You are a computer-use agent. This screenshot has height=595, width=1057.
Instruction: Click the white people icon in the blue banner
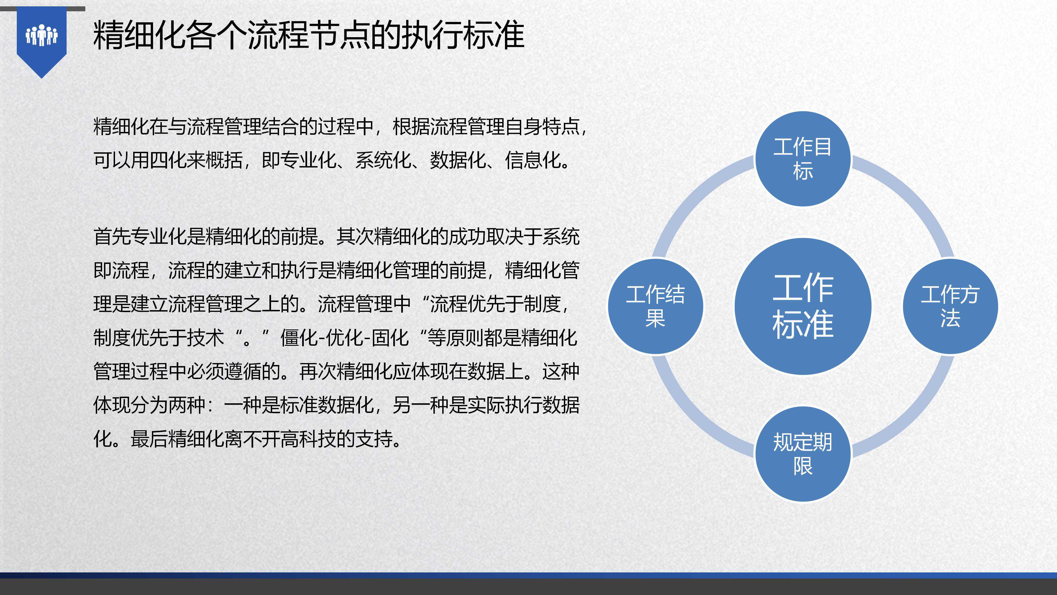click(x=42, y=35)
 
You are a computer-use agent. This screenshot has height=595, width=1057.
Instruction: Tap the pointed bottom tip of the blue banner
click(x=42, y=78)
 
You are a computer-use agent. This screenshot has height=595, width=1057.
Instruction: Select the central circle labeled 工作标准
click(x=803, y=306)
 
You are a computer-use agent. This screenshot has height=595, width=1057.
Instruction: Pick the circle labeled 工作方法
click(x=950, y=306)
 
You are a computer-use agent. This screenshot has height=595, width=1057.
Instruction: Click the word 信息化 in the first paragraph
click(x=533, y=160)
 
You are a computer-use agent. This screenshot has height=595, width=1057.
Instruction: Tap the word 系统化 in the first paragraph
click(x=383, y=160)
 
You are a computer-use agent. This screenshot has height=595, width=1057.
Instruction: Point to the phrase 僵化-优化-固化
click(x=345, y=338)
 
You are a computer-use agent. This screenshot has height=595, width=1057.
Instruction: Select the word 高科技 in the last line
click(x=308, y=439)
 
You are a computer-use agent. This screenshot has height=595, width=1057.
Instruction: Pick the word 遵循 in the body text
click(x=243, y=372)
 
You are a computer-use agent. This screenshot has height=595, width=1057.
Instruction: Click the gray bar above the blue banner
click(x=43, y=9)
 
